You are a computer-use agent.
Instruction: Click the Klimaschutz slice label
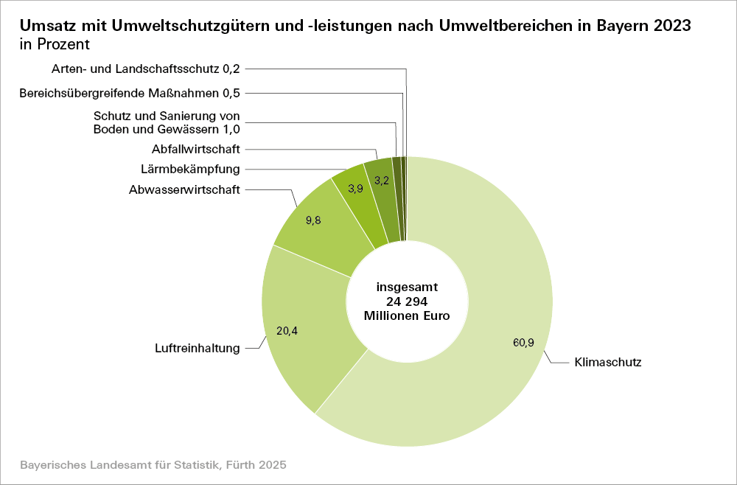coord(608,363)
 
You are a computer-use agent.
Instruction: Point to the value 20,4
coord(287,331)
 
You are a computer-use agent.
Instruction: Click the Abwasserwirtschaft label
coord(184,189)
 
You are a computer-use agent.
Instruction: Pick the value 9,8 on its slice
coord(312,220)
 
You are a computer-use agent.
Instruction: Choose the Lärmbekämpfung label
coord(190,169)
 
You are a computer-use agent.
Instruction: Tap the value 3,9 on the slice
coord(355,189)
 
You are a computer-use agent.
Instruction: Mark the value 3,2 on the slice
coord(382,180)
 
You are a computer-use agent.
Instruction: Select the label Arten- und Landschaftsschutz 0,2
coord(146,69)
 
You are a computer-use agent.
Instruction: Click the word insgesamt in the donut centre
coord(407,287)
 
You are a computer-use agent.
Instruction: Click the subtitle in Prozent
coord(55,43)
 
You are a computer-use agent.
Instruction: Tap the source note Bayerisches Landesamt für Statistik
coord(153,466)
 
